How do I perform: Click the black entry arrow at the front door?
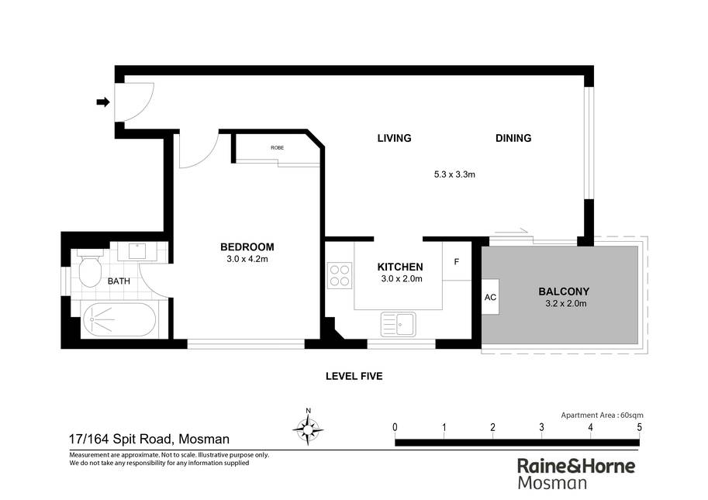(103, 102)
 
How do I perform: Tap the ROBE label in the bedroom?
(278, 148)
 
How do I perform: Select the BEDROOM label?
(247, 247)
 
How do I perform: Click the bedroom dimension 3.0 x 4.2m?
(247, 259)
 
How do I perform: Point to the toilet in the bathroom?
(89, 267)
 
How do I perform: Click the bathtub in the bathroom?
(119, 319)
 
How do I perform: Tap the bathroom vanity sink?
(136, 251)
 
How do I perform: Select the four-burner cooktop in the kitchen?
(339, 275)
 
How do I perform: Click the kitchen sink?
(399, 324)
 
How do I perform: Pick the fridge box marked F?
(457, 262)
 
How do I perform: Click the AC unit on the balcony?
(490, 297)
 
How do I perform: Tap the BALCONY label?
(564, 291)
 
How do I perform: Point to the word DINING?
(513, 138)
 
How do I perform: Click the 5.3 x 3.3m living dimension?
(454, 174)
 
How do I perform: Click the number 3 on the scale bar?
(541, 427)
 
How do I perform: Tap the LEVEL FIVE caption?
(354, 376)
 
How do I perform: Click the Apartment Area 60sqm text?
(602, 416)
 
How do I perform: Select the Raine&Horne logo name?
(576, 466)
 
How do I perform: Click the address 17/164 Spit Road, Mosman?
(149, 439)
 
